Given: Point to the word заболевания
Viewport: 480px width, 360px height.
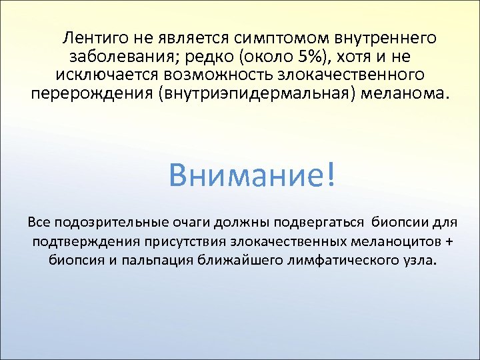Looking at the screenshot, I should pyautogui.click(x=123, y=55).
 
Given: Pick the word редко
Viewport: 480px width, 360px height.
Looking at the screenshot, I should pyautogui.click(x=213, y=55).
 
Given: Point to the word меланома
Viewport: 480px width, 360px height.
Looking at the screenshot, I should pyautogui.click(x=405, y=91).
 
